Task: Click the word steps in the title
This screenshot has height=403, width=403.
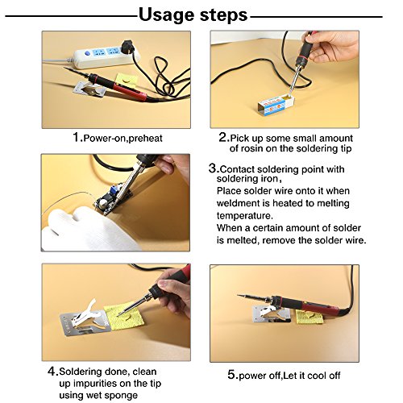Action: [223, 15]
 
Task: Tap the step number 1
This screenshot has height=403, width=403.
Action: [77, 137]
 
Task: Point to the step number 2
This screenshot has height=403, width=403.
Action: [223, 137]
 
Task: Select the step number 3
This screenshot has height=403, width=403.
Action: [212, 168]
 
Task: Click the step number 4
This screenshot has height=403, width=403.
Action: [52, 372]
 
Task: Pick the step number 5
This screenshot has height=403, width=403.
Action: [232, 375]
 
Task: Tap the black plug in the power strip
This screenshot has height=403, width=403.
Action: [127, 47]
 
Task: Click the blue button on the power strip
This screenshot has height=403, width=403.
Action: [88, 54]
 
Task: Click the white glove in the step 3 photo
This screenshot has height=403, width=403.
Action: [89, 228]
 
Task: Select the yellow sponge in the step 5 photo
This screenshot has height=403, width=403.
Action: [310, 317]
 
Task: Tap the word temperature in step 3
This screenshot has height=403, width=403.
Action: [245, 216]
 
